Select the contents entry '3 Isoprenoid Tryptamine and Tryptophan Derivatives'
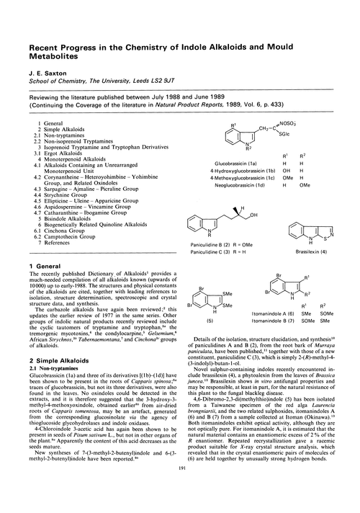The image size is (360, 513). click(x=94, y=127)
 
